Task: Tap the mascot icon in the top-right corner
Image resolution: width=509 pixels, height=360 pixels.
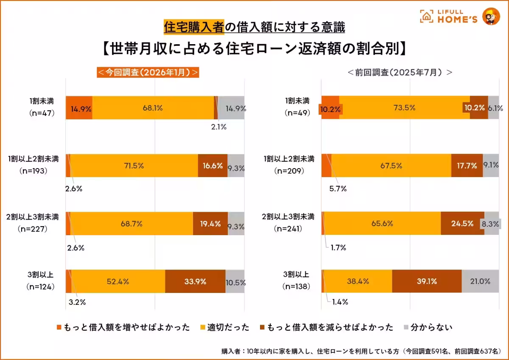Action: click(x=491, y=16)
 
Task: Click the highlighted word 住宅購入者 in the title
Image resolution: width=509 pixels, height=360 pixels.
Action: click(x=194, y=28)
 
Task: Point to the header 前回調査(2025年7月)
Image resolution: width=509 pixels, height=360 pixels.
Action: click(x=400, y=72)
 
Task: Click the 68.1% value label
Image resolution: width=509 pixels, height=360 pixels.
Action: click(x=153, y=108)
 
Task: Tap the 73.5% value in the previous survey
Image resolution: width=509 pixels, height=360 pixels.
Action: click(x=404, y=108)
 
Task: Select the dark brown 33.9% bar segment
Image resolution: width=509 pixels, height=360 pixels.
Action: click(x=195, y=281)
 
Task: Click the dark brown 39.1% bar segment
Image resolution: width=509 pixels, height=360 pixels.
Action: click(x=426, y=281)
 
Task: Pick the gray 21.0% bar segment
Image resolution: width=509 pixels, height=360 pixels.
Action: click(x=480, y=281)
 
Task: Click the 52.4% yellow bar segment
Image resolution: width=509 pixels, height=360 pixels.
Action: click(x=118, y=281)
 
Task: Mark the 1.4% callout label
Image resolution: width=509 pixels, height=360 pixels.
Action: click(x=339, y=302)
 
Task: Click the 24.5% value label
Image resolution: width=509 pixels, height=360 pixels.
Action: click(x=462, y=223)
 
